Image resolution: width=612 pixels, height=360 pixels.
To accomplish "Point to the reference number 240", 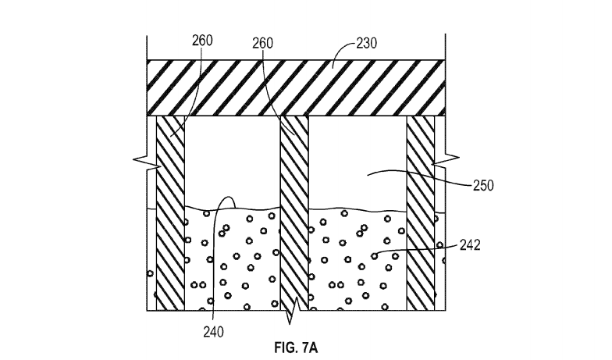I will pyautogui.click(x=213, y=331).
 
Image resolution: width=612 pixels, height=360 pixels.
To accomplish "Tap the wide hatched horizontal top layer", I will pyautogui.click(x=296, y=87).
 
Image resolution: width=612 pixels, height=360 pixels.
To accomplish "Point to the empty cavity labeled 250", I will pyautogui.click(x=358, y=160).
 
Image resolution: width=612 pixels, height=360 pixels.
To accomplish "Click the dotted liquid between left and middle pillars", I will pyautogui.click(x=232, y=258).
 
